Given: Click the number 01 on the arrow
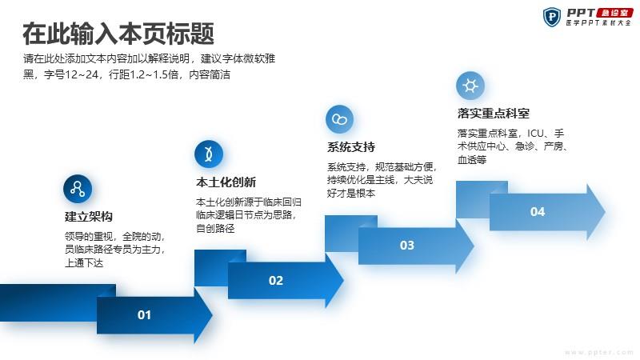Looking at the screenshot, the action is click(x=144, y=314).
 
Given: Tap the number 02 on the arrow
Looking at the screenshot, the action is click(x=275, y=281).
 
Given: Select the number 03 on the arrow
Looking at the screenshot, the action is click(x=407, y=246).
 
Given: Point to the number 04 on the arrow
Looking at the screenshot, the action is click(x=538, y=212).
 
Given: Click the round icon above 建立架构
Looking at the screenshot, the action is click(x=78, y=189).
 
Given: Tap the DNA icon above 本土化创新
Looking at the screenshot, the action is click(x=209, y=154).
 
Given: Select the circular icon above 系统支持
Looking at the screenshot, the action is click(x=339, y=119).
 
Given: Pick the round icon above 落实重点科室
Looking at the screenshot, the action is click(x=470, y=86).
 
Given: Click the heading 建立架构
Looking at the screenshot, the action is click(x=89, y=216).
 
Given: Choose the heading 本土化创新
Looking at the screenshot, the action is click(x=226, y=182).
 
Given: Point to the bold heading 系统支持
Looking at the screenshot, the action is click(x=351, y=147).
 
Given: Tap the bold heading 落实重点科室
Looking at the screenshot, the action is click(x=494, y=113).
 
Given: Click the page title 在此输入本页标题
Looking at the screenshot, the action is click(x=118, y=34).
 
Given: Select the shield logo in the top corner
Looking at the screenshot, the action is click(x=552, y=17).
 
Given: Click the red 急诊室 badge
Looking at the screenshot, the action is click(x=614, y=13).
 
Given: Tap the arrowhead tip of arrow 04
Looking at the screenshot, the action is click(x=605, y=212).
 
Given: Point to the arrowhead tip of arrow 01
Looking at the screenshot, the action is click(x=212, y=314).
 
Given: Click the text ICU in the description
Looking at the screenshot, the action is click(x=535, y=133).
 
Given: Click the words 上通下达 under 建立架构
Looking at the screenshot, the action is click(x=84, y=262).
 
